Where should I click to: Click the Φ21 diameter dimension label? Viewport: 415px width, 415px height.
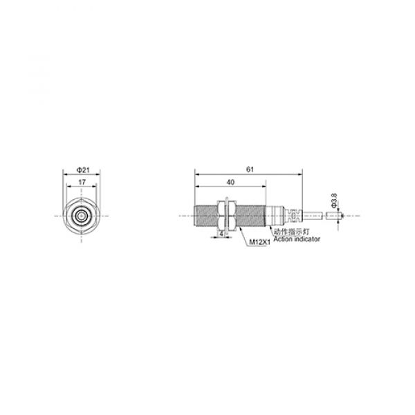pyautogui.click(x=81, y=169)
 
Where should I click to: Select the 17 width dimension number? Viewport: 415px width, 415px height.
pyautogui.click(x=81, y=183)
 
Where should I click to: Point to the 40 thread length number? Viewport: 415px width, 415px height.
pyautogui.click(x=230, y=182)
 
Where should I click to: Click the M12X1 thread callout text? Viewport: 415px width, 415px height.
pyautogui.click(x=258, y=242)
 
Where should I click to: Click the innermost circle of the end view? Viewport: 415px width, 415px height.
pyautogui.click(x=81, y=216)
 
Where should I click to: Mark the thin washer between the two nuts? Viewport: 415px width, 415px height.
pyautogui.click(x=223, y=216)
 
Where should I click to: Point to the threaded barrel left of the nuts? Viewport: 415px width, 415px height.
pyautogui.click(x=205, y=216)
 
